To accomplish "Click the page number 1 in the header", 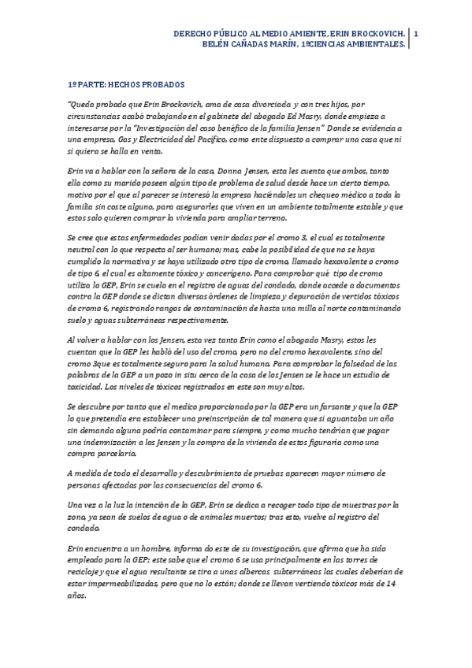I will click(x=415, y=34).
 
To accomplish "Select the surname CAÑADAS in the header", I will click(x=252, y=45).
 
